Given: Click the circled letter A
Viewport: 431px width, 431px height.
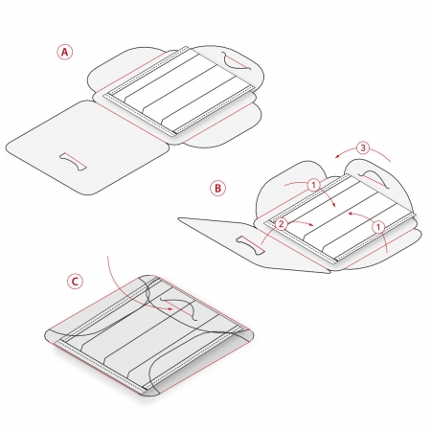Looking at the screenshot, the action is [65, 52].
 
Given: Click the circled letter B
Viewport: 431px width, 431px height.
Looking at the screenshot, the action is [217, 188].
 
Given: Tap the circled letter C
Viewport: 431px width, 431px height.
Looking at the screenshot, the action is [75, 282].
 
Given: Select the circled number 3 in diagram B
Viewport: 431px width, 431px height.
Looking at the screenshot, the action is [363, 147].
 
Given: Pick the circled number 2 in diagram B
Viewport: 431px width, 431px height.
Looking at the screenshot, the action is [281, 224].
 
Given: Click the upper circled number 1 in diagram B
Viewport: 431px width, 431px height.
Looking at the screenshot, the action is [314, 185].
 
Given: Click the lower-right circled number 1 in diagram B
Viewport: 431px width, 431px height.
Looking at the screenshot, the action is [378, 227].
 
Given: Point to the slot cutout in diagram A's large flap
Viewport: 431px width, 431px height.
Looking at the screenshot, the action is [73, 161].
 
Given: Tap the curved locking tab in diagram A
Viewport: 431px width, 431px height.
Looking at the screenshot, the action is [237, 61].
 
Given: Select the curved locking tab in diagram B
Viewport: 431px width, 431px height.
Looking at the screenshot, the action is [374, 179].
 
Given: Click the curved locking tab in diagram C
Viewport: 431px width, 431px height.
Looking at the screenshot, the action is [180, 307].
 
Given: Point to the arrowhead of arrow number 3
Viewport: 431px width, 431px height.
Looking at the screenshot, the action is [338, 156].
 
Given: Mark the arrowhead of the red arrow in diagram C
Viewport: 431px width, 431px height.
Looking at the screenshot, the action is [170, 308].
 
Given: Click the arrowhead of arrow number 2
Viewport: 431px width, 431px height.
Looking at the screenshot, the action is [311, 225].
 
